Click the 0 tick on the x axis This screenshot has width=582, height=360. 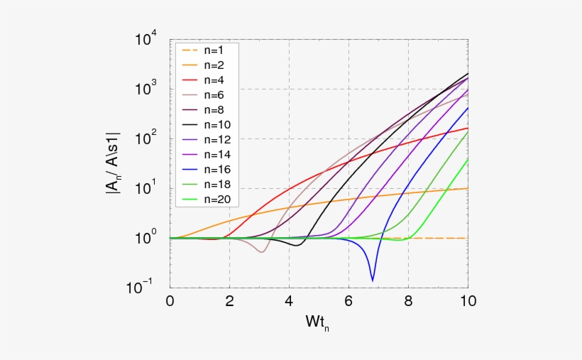tap(170, 300)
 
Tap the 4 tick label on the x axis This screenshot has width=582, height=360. tap(289, 300)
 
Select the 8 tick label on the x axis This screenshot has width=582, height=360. tap(408, 300)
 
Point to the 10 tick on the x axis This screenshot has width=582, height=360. tap(467, 300)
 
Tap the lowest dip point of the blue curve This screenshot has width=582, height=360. tap(373, 280)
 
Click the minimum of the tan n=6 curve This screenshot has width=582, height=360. tap(262, 252)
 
